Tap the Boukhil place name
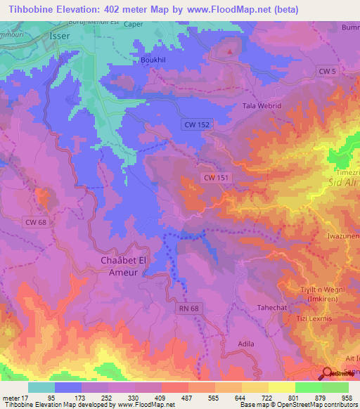(x=154, y=61)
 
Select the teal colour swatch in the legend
(x=41, y=387)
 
